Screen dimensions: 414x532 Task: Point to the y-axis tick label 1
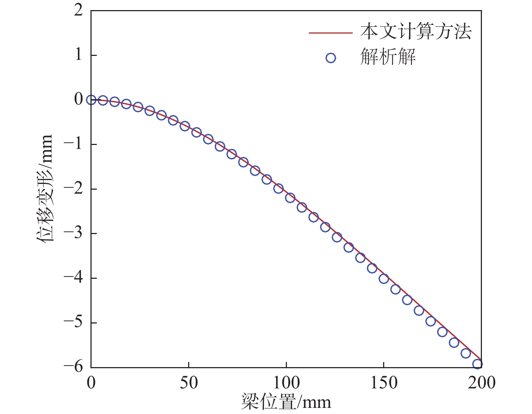pyautogui.click(x=79, y=55)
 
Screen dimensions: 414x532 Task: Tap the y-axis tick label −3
pyautogui.click(x=73, y=233)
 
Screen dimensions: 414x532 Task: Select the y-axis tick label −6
pyautogui.click(x=73, y=366)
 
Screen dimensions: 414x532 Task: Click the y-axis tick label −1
pyautogui.click(x=73, y=144)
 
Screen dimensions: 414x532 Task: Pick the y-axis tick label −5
pyautogui.click(x=73, y=322)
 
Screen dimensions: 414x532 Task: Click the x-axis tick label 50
pyautogui.click(x=189, y=383)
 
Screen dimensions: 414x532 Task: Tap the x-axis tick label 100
pyautogui.click(x=286, y=383)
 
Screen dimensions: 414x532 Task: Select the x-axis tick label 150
pyautogui.click(x=384, y=383)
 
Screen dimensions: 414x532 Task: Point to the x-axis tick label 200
pyautogui.click(x=482, y=383)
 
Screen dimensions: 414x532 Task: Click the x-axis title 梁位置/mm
pyautogui.click(x=286, y=402)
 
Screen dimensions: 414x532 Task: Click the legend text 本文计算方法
pyautogui.click(x=416, y=32)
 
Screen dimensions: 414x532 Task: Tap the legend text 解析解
pyautogui.click(x=388, y=57)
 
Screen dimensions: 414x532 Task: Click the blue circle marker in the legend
pyautogui.click(x=331, y=58)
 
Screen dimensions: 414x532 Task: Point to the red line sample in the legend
pyautogui.click(x=331, y=33)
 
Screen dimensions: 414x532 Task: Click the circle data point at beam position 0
pyautogui.click(x=91, y=100)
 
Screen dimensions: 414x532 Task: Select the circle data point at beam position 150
pyautogui.click(x=384, y=279)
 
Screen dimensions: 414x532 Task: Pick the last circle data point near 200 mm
pyautogui.click(x=477, y=364)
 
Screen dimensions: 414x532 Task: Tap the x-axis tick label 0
pyautogui.click(x=91, y=383)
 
